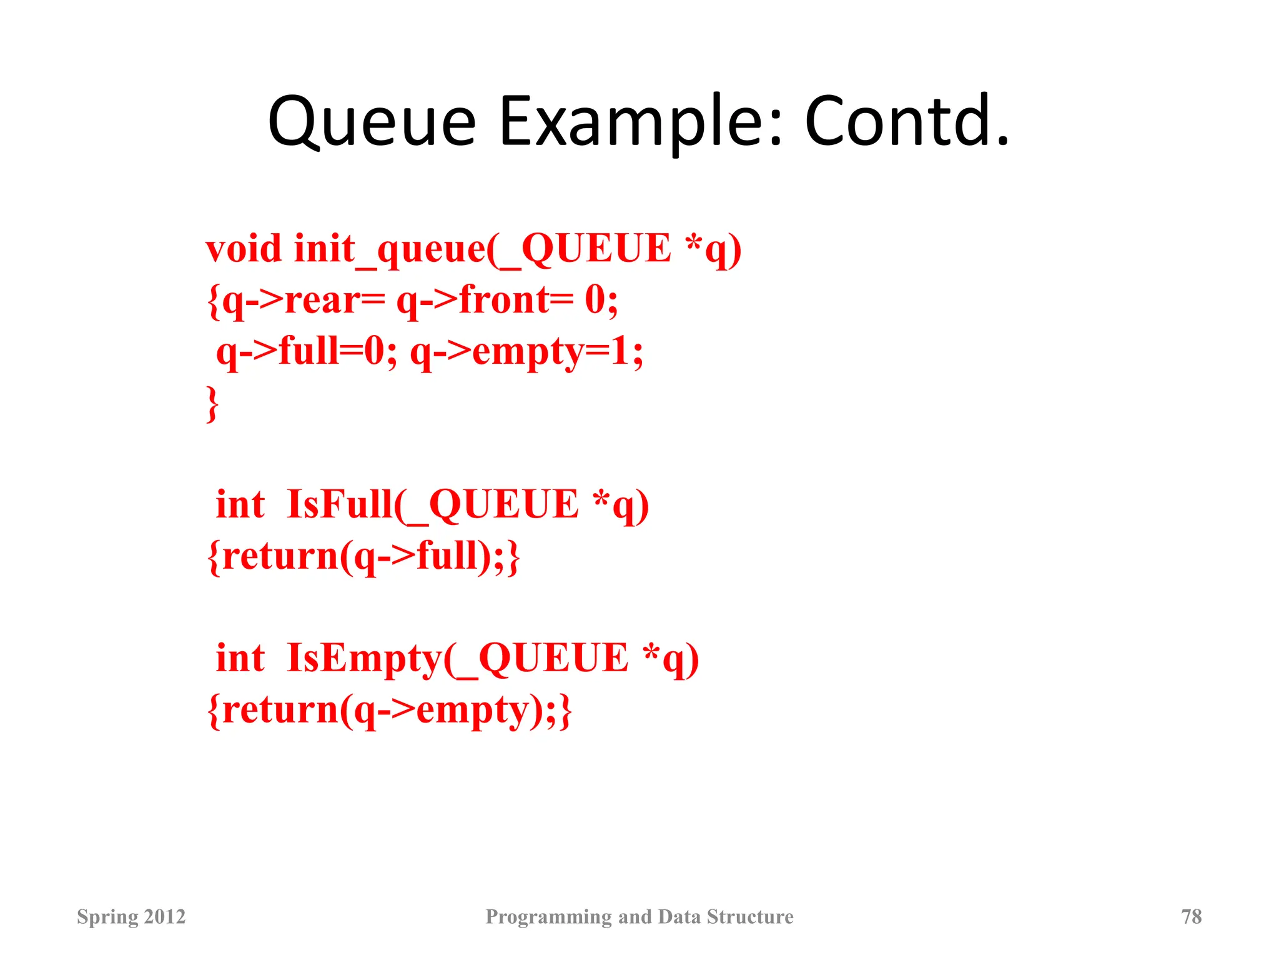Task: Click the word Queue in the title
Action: click(x=372, y=122)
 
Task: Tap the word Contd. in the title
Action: click(x=906, y=122)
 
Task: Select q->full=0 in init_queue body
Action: click(x=306, y=351)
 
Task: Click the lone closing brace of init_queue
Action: click(x=212, y=404)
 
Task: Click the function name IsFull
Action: click(x=340, y=504)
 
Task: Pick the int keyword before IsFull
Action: click(x=240, y=504)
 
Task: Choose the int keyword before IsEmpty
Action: click(x=240, y=658)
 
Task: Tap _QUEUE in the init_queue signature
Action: click(x=587, y=249)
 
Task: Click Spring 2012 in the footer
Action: click(x=131, y=916)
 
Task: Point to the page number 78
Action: click(x=1191, y=916)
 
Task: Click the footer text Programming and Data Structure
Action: click(x=639, y=916)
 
